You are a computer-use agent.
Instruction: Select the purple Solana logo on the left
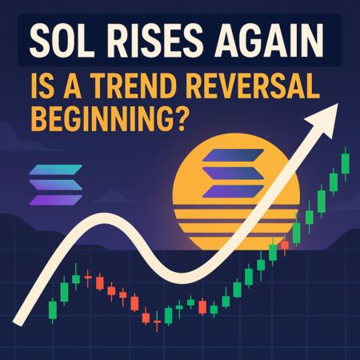(x=54, y=184)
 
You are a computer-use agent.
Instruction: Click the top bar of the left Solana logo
(x=54, y=170)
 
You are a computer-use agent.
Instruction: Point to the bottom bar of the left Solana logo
(x=54, y=199)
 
